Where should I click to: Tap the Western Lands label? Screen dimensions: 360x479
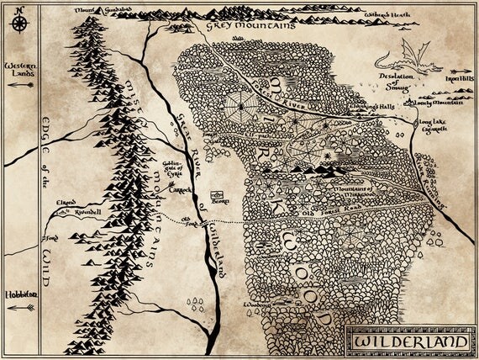(x=20, y=69)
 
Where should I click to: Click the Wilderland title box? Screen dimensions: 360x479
(x=408, y=342)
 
